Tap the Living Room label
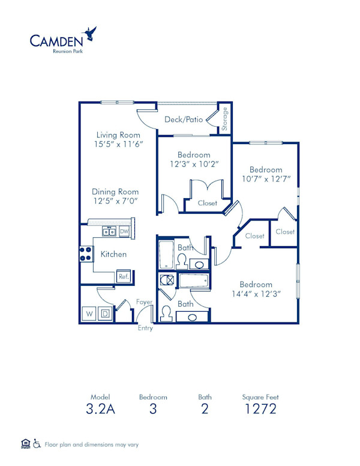118,135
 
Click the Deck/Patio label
183,120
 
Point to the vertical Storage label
225,119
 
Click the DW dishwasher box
124,231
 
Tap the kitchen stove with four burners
86,253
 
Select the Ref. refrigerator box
123,277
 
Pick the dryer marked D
104,313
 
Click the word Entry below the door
145,328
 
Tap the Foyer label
143,302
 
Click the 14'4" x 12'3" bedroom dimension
256,294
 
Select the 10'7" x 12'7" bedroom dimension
265,179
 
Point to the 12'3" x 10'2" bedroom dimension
193,164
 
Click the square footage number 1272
260,410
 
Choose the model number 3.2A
100,410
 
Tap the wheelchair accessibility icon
37,444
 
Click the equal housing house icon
25,444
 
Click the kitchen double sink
109,231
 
